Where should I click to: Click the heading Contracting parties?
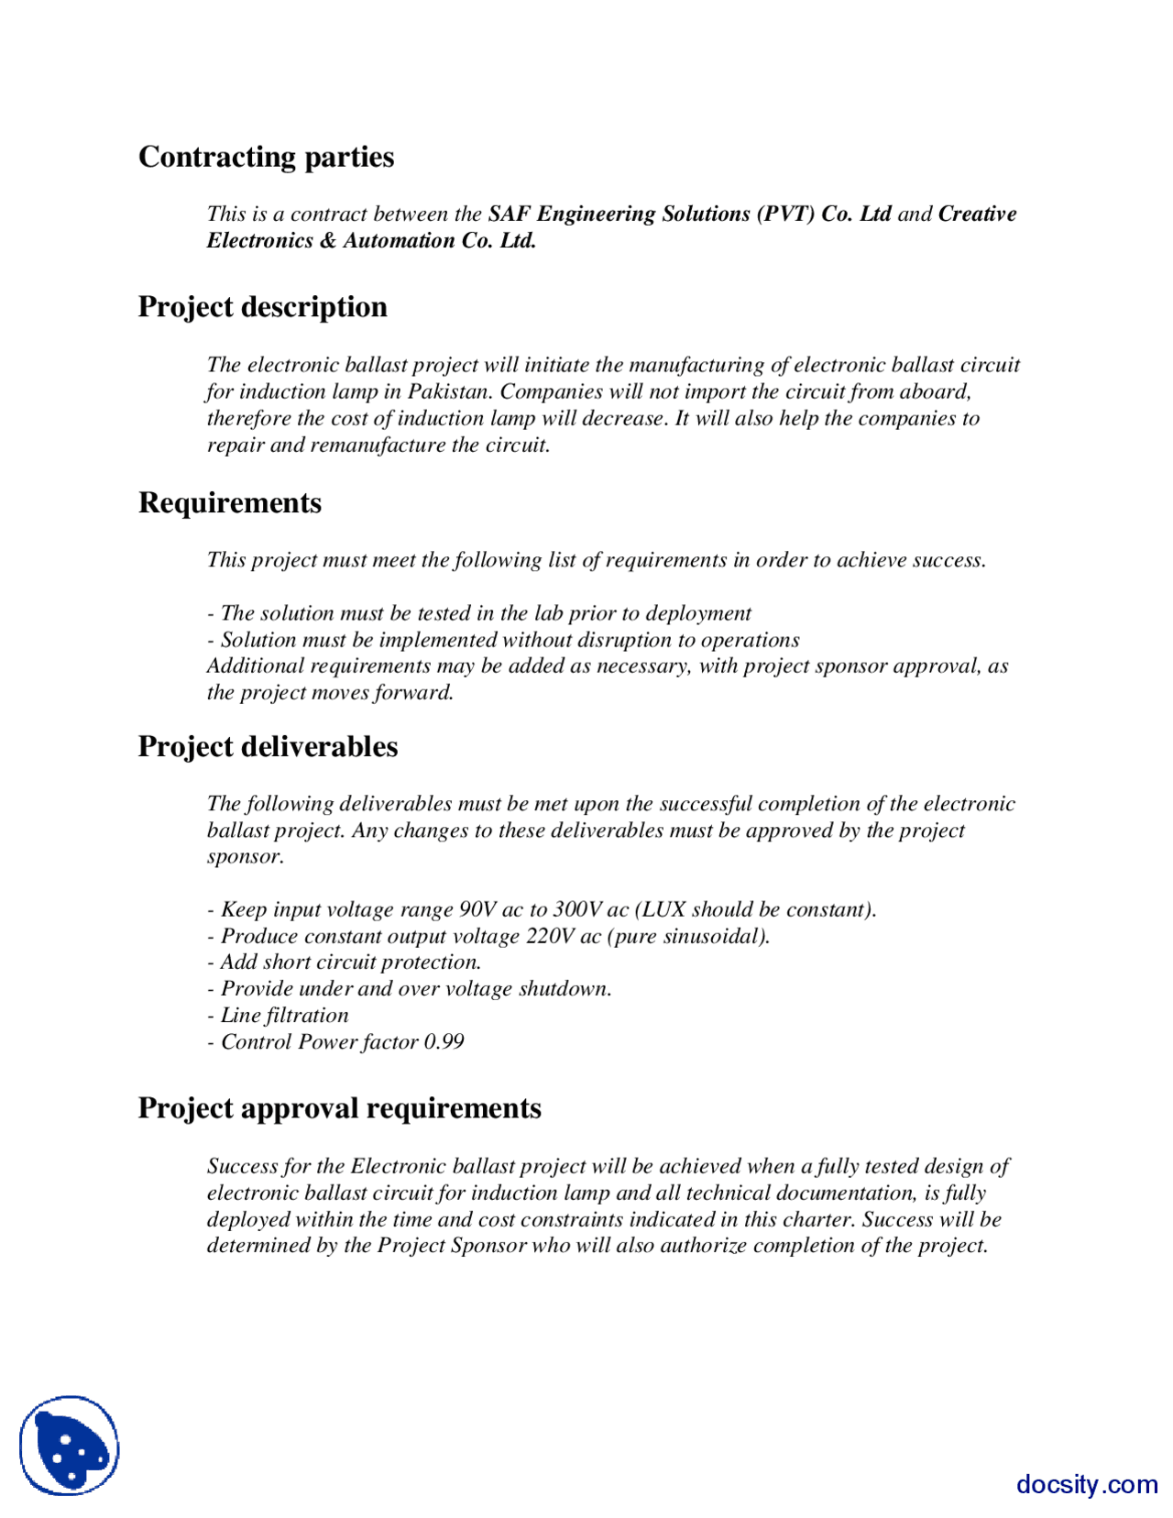(x=266, y=157)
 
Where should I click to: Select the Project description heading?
(x=262, y=307)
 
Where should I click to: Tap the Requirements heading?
(x=229, y=503)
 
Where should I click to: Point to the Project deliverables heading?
(x=268, y=747)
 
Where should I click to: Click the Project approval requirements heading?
(x=339, y=1108)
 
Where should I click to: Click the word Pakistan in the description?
(x=449, y=391)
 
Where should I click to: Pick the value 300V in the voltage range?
(x=576, y=909)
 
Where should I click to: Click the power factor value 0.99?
(x=444, y=1041)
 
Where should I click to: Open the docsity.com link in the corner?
(x=1087, y=1484)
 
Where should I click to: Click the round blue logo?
(x=70, y=1446)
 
